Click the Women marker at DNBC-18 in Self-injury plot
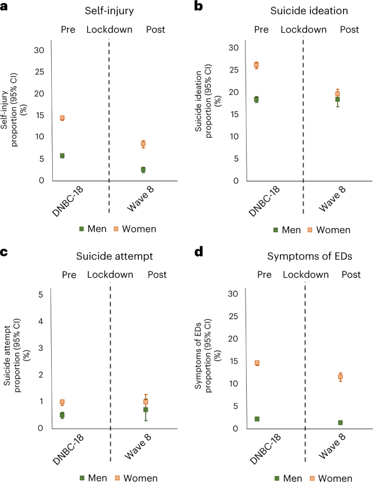pos(62,118)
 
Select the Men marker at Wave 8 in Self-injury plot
pos(143,170)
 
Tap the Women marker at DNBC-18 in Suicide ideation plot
pos(256,65)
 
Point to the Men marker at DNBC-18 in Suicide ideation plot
pos(256,99)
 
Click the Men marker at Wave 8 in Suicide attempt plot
pos(145,410)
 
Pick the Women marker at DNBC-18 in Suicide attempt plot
pos(62,402)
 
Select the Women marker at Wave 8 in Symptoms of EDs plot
pos(340,376)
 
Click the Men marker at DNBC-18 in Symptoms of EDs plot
pos(257,419)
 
